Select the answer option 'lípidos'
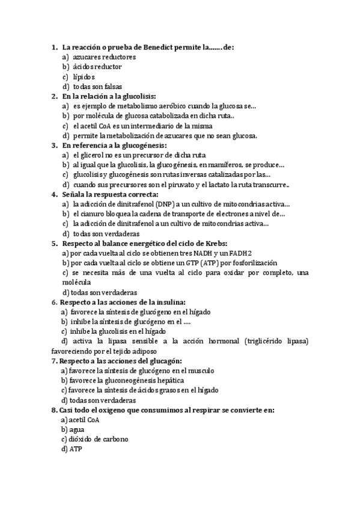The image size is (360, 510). coord(84,76)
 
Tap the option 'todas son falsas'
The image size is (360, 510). coord(97,86)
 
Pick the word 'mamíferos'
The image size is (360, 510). coord(213,165)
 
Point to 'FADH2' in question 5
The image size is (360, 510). coord(239,253)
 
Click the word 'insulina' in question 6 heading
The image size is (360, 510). coord(169,302)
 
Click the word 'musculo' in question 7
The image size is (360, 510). coord(201,370)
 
